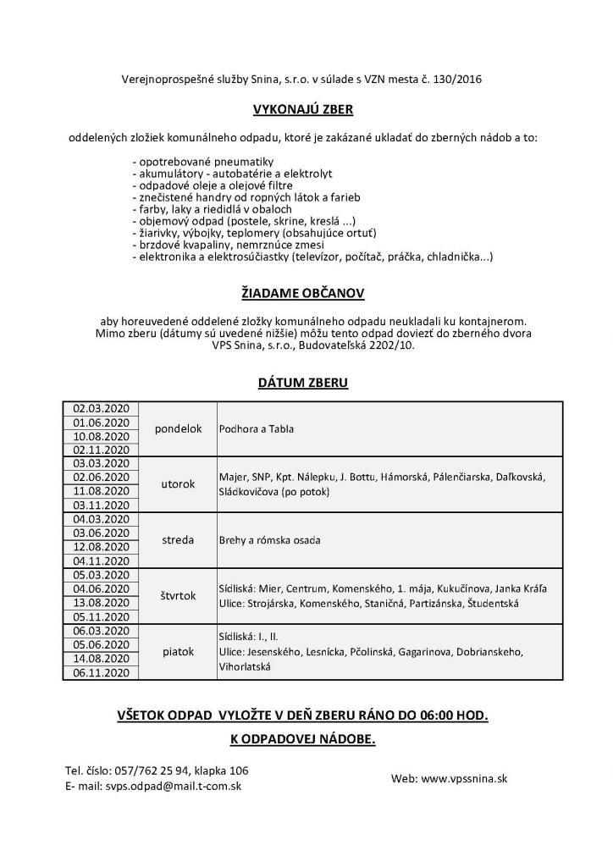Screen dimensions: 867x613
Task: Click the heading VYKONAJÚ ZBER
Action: (302, 109)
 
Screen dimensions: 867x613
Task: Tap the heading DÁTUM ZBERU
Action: (302, 383)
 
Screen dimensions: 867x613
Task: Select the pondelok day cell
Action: (178, 428)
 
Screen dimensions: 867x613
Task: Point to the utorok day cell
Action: (178, 484)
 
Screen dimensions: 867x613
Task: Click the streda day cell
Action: (178, 539)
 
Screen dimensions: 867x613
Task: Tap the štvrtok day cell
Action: (178, 595)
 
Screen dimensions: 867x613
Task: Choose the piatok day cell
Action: (178, 651)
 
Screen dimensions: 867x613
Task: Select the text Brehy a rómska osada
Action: (269, 540)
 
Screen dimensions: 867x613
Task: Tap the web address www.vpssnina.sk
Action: (464, 778)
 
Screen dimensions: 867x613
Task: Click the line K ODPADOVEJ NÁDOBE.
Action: (302, 739)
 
